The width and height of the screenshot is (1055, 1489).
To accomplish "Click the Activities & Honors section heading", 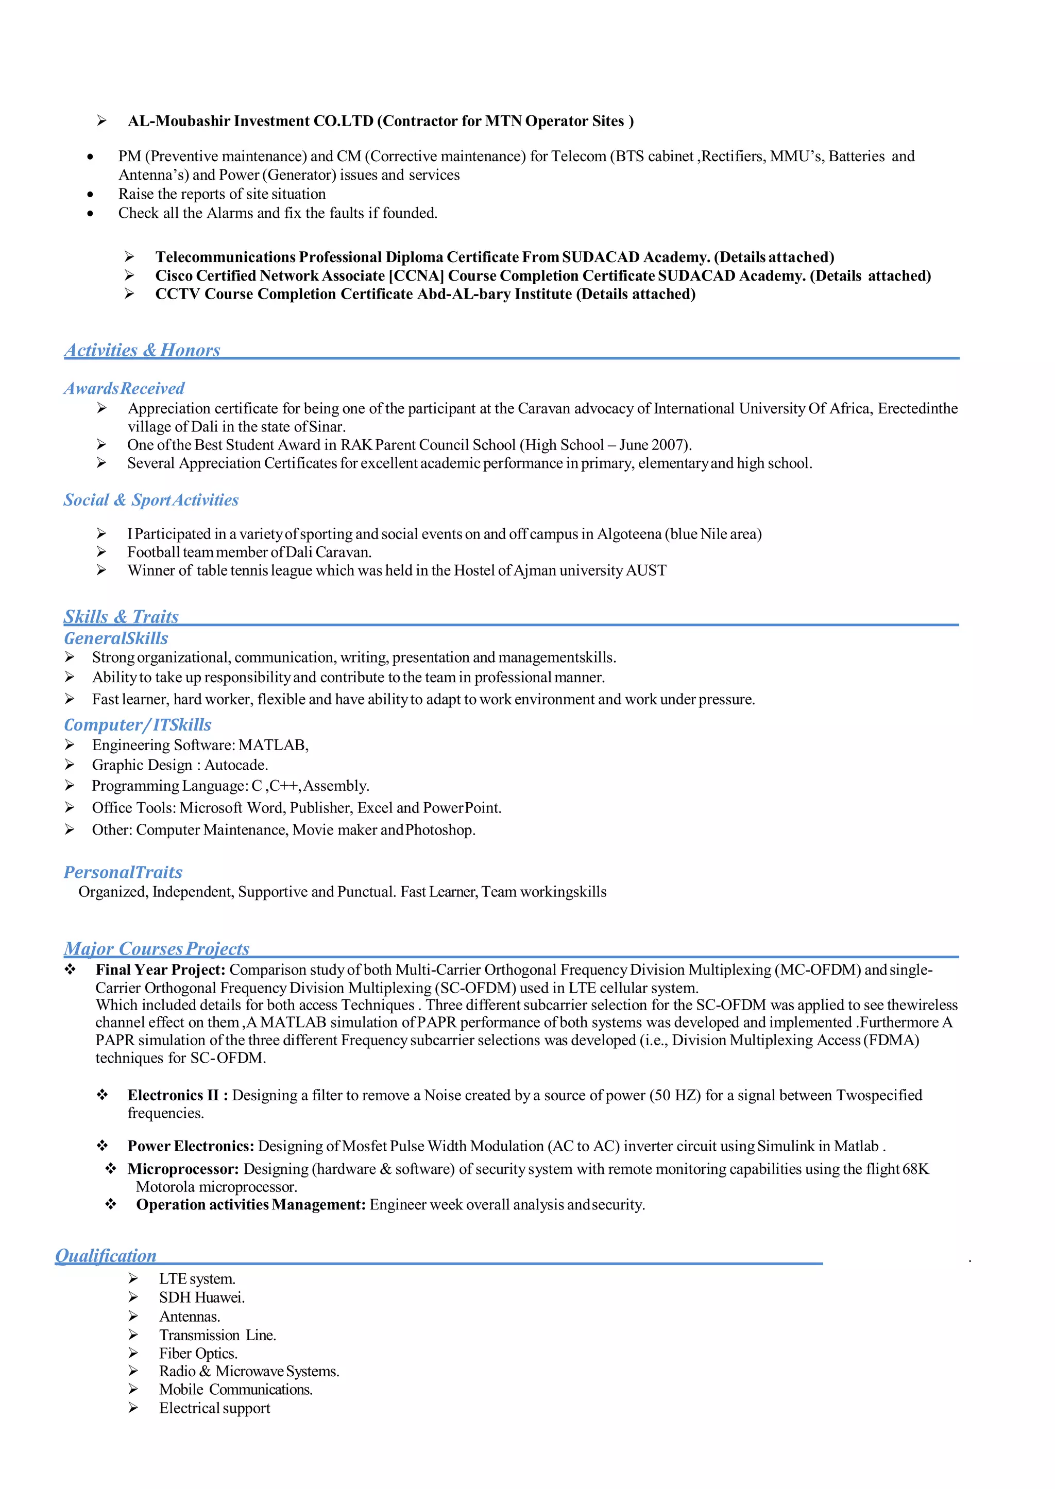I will point(142,350).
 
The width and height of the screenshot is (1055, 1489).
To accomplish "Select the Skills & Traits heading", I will point(121,616).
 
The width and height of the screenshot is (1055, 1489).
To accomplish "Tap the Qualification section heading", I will point(106,1255).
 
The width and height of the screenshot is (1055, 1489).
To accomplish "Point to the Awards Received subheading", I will point(124,388).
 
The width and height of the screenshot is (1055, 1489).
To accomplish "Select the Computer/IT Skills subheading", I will point(138,725).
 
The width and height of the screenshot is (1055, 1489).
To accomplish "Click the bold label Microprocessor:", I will point(183,1169).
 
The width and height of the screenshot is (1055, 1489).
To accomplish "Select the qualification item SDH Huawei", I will point(201,1297).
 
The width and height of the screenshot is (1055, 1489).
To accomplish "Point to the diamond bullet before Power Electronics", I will point(103,1146).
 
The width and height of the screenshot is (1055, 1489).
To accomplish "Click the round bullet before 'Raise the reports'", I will point(90,194).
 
